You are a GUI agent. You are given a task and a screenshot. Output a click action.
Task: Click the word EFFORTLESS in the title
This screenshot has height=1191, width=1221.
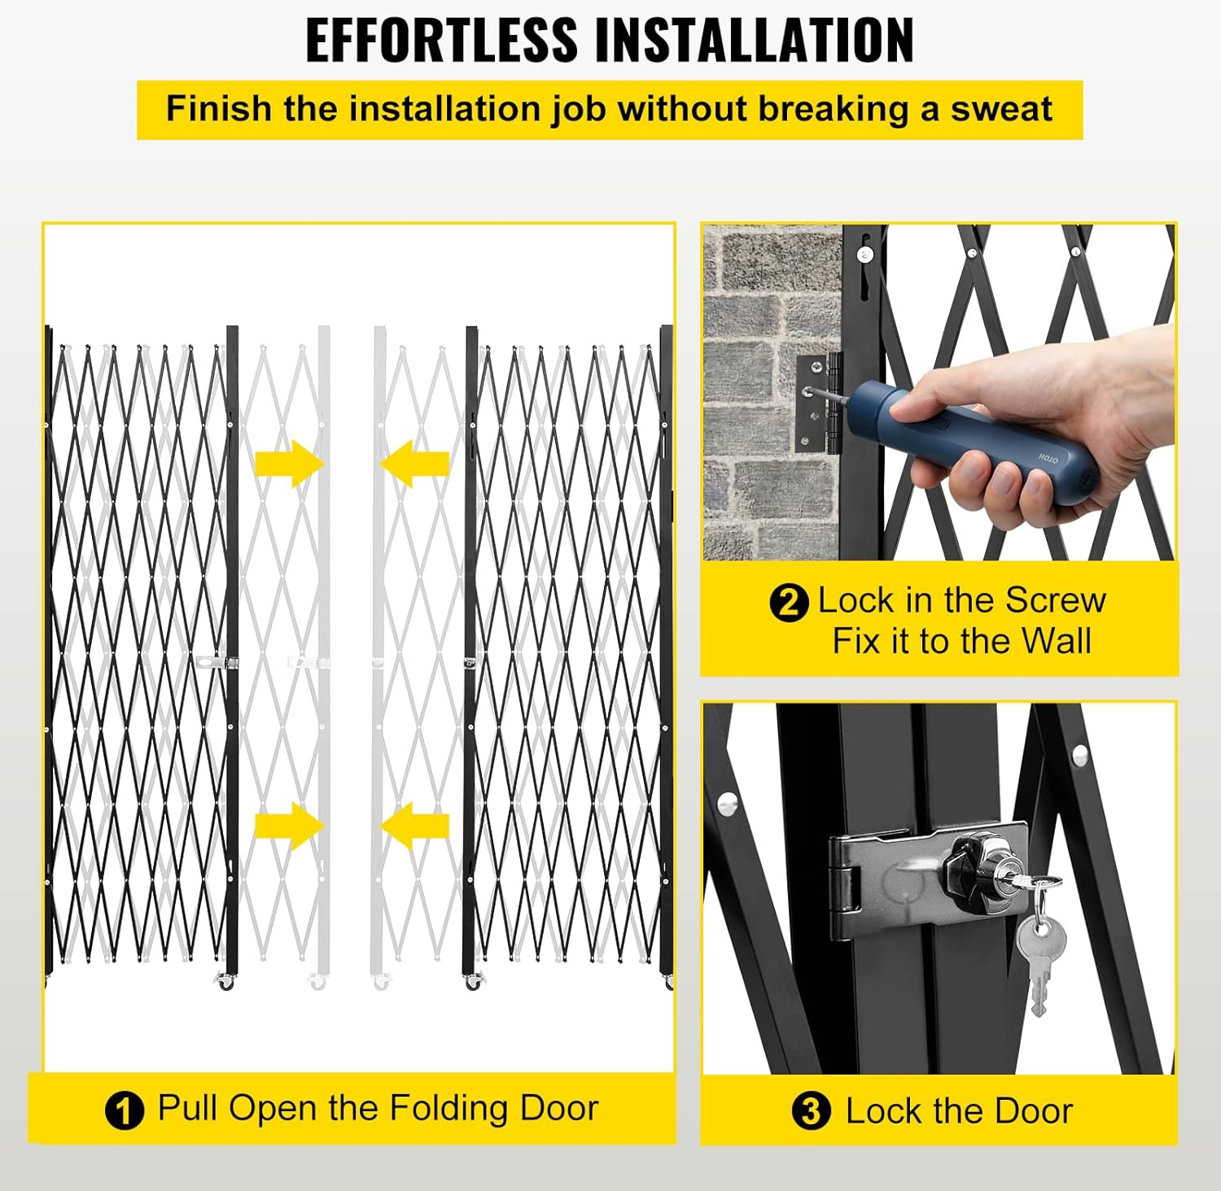(441, 40)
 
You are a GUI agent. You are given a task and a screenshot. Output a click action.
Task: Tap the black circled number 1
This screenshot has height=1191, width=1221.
(124, 1110)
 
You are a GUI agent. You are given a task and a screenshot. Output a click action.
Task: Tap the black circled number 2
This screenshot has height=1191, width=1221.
(788, 604)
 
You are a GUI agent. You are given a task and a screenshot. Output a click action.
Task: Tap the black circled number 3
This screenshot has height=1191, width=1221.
(811, 1111)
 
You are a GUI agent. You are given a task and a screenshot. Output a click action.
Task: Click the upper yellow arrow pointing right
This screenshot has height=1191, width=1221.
(290, 464)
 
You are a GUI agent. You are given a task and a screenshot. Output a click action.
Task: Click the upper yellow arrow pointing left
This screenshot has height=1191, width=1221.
(414, 464)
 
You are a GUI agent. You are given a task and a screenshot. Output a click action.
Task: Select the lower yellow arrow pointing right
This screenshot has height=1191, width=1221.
(290, 826)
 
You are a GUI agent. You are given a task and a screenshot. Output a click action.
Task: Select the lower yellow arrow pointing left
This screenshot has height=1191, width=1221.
(414, 826)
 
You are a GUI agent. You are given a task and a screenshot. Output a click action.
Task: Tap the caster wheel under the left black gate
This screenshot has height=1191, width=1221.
(225, 983)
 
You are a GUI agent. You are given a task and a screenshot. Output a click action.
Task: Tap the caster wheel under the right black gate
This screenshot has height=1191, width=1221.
(472, 983)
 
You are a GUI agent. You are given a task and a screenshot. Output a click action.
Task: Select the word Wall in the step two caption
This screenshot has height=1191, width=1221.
(1056, 641)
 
